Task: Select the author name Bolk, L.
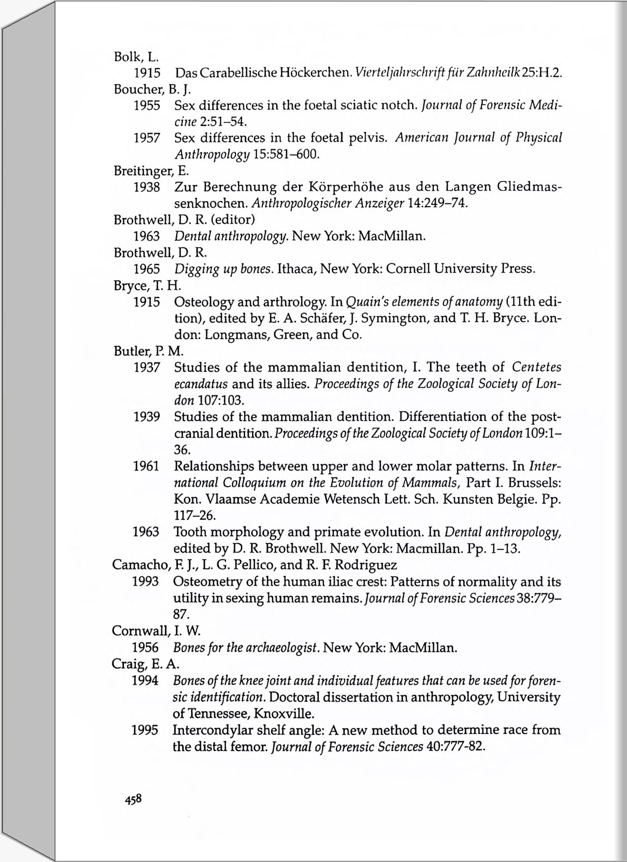(136, 57)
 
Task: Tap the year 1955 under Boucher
(147, 105)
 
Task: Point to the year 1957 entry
(147, 138)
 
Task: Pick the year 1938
(147, 187)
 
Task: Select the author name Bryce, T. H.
(147, 285)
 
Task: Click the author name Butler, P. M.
(148, 351)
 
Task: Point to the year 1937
(147, 368)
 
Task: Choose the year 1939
(147, 417)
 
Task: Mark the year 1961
(146, 466)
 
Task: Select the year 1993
(145, 582)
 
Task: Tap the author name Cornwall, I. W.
(156, 631)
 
